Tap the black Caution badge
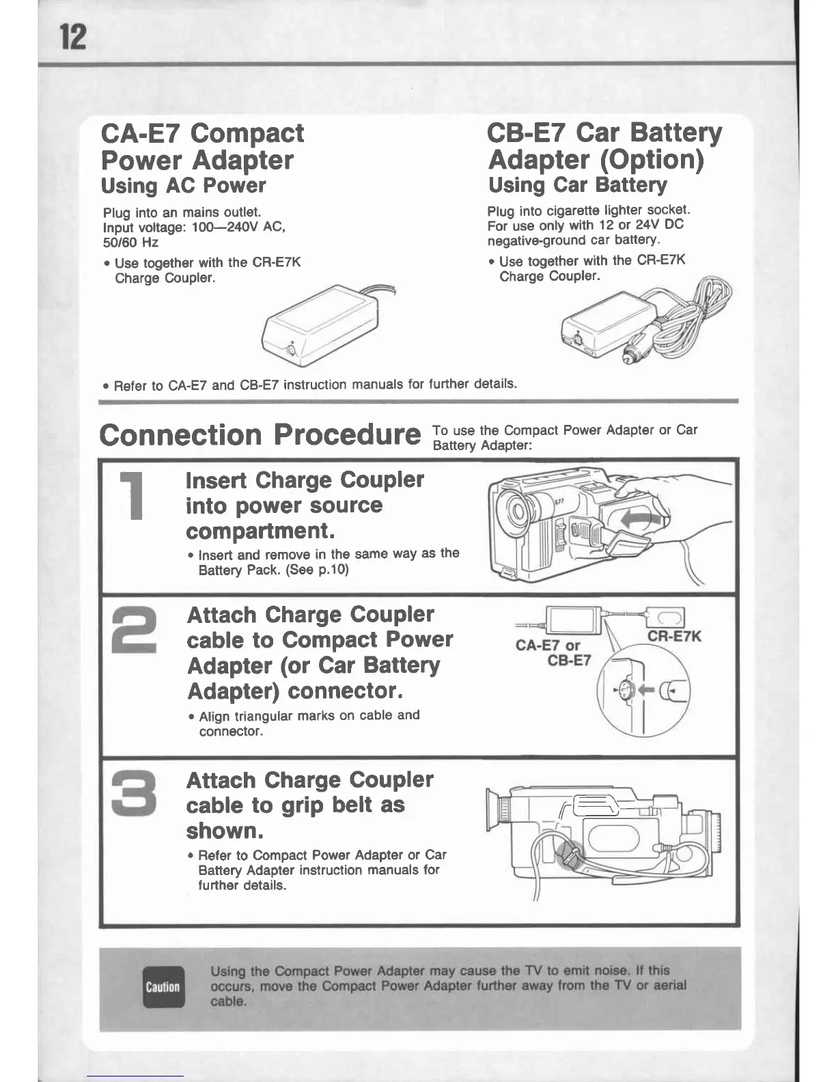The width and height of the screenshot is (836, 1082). [x=163, y=987]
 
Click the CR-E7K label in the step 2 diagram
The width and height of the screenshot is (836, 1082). [x=673, y=637]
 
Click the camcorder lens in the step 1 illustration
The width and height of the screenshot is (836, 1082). [x=516, y=511]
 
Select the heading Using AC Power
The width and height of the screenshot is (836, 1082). [x=183, y=186]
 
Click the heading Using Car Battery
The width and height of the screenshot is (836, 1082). [x=577, y=185]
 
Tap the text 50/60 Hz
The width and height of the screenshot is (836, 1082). [x=130, y=242]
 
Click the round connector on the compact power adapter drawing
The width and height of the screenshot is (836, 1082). [x=293, y=350]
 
